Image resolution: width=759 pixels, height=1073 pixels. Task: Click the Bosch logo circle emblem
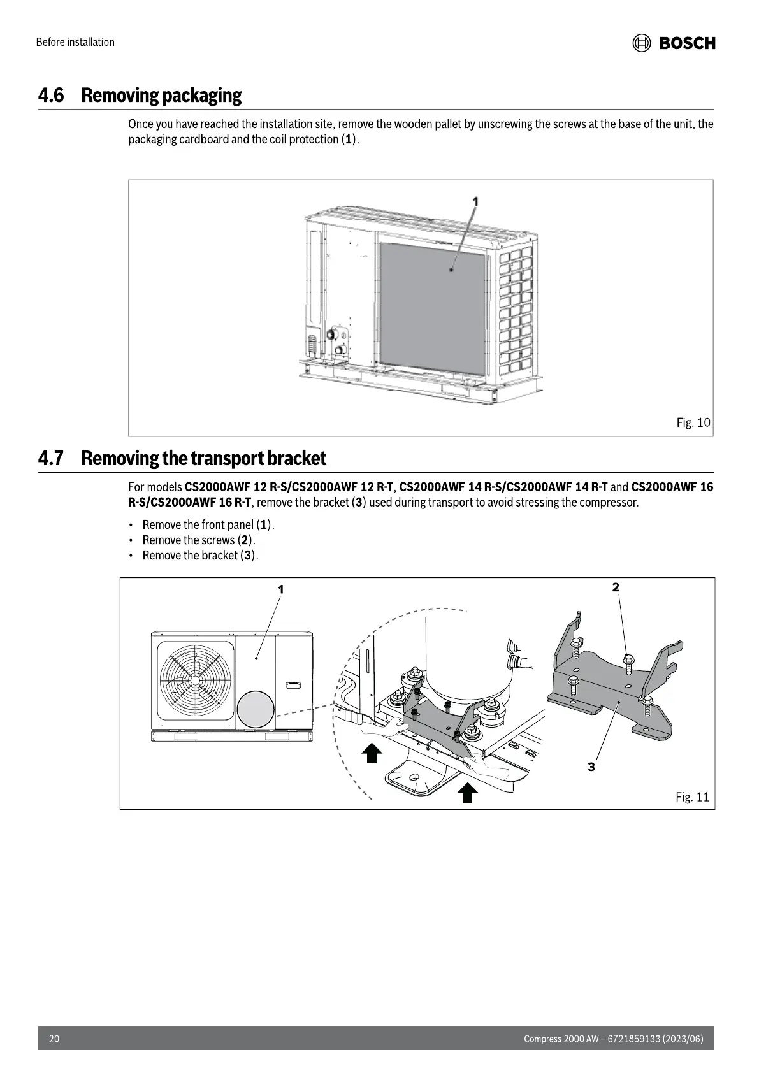[x=641, y=43]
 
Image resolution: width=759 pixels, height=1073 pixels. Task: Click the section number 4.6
[x=51, y=96]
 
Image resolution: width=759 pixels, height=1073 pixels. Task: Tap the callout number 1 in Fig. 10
[x=475, y=201]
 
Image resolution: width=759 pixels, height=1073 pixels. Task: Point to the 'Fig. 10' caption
[x=693, y=422]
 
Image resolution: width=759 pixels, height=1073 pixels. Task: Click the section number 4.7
[x=51, y=458]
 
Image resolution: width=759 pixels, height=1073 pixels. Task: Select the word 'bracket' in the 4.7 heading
[x=296, y=458]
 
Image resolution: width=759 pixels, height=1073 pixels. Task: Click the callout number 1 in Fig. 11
[x=280, y=589]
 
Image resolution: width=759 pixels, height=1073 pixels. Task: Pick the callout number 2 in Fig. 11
[x=616, y=587]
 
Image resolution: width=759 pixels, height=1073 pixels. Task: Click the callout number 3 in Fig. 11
[x=591, y=767]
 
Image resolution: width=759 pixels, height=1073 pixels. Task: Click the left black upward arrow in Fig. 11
[x=372, y=753]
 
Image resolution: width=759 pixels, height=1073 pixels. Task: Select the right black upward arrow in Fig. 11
[x=468, y=793]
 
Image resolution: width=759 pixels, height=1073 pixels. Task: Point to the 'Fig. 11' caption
[x=692, y=797]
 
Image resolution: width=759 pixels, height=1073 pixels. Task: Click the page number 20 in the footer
[x=54, y=1039]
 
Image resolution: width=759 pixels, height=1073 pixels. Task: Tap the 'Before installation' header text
[x=75, y=42]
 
